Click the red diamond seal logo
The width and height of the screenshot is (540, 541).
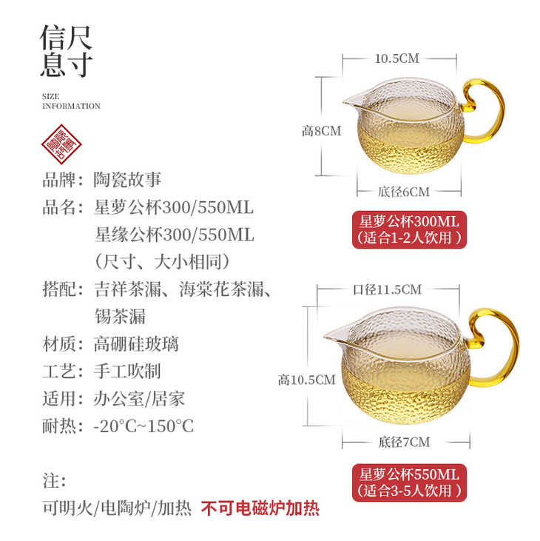(x=61, y=144)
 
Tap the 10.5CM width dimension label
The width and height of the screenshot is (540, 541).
(x=397, y=58)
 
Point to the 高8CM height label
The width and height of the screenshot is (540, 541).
(x=321, y=131)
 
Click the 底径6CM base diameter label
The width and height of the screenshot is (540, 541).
(x=404, y=192)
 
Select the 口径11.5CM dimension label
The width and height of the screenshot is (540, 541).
(x=387, y=290)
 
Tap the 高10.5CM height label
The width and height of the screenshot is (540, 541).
(x=306, y=380)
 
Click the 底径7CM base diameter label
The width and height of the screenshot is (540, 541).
(x=404, y=442)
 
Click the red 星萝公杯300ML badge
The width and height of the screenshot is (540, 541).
(x=409, y=229)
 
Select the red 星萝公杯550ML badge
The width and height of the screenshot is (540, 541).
(x=409, y=483)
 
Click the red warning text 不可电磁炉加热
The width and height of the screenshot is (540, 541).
(x=260, y=508)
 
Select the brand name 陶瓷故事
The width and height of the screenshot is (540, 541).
(x=127, y=180)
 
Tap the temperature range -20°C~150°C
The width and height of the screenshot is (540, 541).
(x=144, y=426)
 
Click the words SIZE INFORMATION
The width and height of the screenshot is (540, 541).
(x=71, y=101)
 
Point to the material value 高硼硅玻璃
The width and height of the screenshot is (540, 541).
(x=136, y=344)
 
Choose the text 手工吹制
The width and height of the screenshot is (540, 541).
(x=127, y=372)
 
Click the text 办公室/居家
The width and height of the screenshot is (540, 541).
(x=139, y=399)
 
